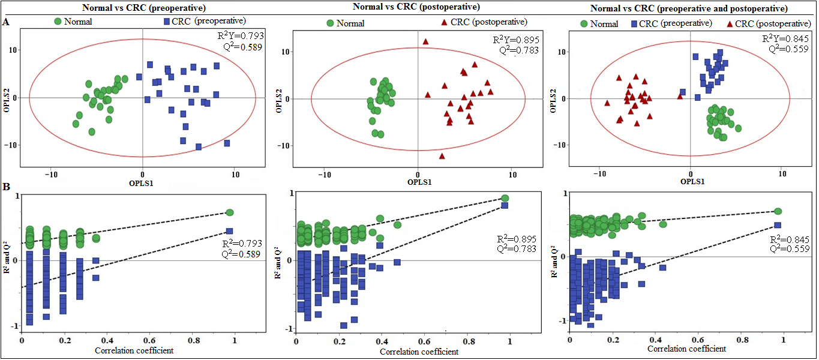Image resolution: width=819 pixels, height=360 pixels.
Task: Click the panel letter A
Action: click(6, 22)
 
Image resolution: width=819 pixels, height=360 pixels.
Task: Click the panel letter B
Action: click(6, 187)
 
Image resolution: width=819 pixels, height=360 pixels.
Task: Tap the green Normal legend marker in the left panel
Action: click(58, 22)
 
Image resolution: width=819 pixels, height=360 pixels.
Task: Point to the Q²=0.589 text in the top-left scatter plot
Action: click(242, 46)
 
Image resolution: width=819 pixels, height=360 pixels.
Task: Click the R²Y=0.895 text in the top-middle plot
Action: click(515, 40)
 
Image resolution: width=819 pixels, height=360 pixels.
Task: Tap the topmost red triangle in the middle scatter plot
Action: click(425, 41)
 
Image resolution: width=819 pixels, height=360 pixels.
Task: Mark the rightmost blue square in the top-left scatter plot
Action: click(227, 143)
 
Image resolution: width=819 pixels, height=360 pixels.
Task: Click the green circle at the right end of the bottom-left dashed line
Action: click(229, 212)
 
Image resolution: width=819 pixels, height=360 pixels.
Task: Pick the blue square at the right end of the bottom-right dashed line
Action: click(778, 225)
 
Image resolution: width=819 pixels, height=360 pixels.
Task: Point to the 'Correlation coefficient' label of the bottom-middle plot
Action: click(419, 352)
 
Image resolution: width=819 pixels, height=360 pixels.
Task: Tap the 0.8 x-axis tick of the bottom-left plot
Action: click(193, 340)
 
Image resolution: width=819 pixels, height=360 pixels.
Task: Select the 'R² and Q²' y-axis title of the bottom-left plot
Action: click(7, 262)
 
